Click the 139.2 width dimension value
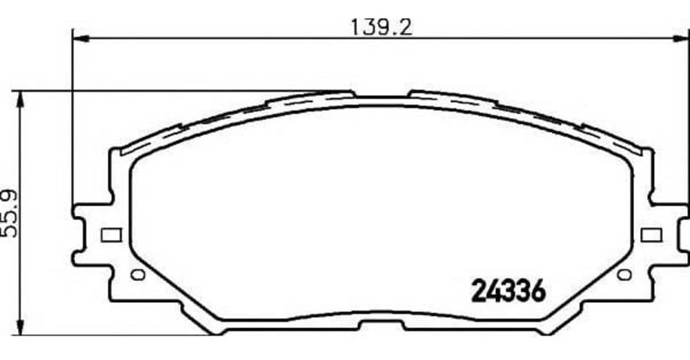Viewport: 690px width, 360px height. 381,27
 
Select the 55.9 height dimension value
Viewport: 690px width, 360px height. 9,213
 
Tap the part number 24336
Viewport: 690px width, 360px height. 509,291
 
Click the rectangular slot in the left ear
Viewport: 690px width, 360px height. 111,235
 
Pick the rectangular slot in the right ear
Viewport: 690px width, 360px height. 651,235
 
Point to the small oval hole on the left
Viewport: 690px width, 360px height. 138,274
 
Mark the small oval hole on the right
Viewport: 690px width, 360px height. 624,274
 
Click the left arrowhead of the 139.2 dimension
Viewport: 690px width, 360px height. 81,39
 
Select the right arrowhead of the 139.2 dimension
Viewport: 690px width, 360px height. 681,39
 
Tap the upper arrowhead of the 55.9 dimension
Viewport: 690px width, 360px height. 19,99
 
